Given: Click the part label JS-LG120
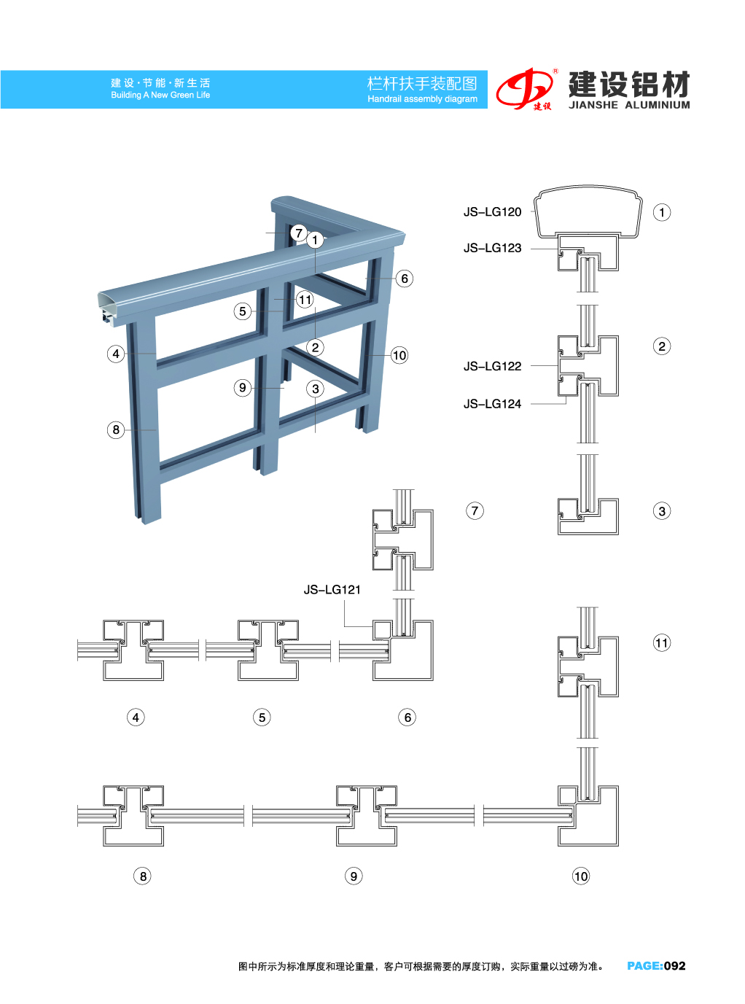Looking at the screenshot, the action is click(492, 212).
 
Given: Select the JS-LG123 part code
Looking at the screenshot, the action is click(492, 248).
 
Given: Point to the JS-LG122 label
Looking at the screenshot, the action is click(492, 366).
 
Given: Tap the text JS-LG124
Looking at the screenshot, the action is click(492, 404).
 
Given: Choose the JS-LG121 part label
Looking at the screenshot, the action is click(332, 590).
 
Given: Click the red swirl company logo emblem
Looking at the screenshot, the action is click(524, 89).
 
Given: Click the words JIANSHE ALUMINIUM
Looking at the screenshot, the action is click(629, 105).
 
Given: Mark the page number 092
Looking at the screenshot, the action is click(674, 966).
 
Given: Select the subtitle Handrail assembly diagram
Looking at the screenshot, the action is click(422, 99).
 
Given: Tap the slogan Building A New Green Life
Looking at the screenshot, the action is click(160, 95).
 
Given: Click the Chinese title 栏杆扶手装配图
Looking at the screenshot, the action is click(422, 83).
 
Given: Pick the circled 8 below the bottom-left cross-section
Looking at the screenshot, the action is click(143, 876).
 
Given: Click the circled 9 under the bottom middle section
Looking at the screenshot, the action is click(354, 876).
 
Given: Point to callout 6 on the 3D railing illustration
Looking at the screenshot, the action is click(404, 279).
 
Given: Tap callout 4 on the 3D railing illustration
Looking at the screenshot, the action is click(116, 354).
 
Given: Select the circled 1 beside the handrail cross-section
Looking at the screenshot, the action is click(662, 212).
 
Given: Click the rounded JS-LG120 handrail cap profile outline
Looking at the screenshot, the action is click(588, 186).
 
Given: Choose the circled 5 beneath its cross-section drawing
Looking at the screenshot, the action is click(262, 717).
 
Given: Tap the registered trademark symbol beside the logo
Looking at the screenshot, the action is click(555, 71).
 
